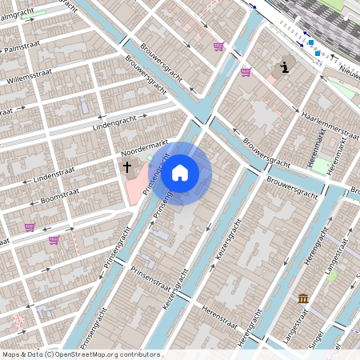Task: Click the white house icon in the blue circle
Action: click(x=180, y=172)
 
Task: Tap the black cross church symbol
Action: click(x=126, y=166)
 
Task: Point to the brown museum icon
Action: click(x=303, y=298)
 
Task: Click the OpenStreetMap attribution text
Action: click(x=81, y=354)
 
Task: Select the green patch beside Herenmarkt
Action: click(x=321, y=166)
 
